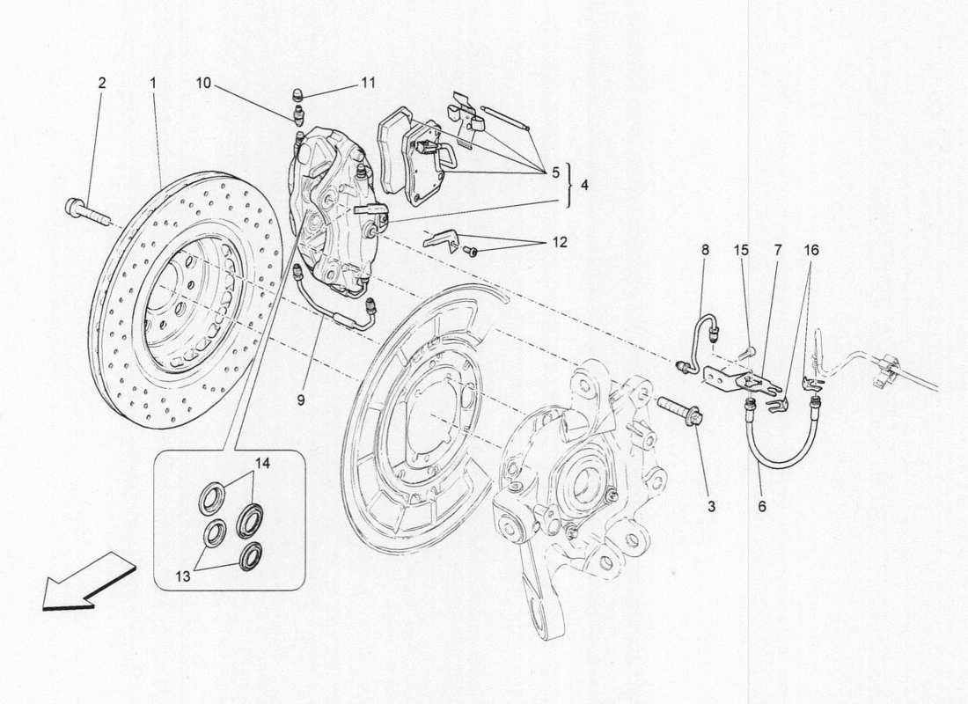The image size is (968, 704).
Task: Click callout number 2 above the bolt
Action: (101, 84)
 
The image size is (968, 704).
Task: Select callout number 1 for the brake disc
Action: (152, 84)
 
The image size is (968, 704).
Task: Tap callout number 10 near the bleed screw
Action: (203, 84)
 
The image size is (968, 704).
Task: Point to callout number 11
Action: (368, 84)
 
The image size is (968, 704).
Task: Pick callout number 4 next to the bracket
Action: (585, 187)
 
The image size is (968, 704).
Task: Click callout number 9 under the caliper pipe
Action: (302, 400)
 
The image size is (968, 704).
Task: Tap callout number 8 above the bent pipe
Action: (705, 251)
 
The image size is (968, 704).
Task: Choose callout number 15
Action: (742, 251)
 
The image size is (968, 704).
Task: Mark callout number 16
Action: (810, 251)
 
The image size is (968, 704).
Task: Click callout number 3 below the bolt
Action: (711, 506)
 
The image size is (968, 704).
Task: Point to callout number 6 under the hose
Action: (762, 506)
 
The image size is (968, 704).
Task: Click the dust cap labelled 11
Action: (297, 94)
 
